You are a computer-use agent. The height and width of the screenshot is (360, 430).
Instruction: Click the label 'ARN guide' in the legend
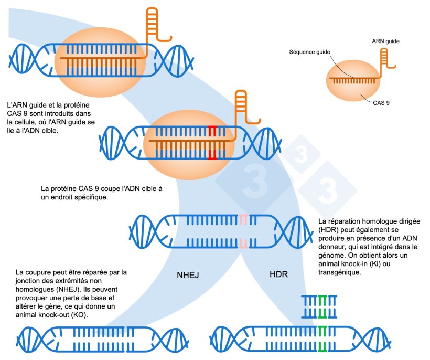point(389,41)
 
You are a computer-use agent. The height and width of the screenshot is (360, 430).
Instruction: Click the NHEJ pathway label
point(188,274)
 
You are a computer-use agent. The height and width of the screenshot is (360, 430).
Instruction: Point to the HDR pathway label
point(278,274)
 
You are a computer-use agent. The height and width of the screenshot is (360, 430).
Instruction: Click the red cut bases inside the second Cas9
point(212,143)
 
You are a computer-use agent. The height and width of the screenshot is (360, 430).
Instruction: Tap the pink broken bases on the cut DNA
point(243,230)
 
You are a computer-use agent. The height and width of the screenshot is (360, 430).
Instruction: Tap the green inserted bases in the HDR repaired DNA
point(322,339)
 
